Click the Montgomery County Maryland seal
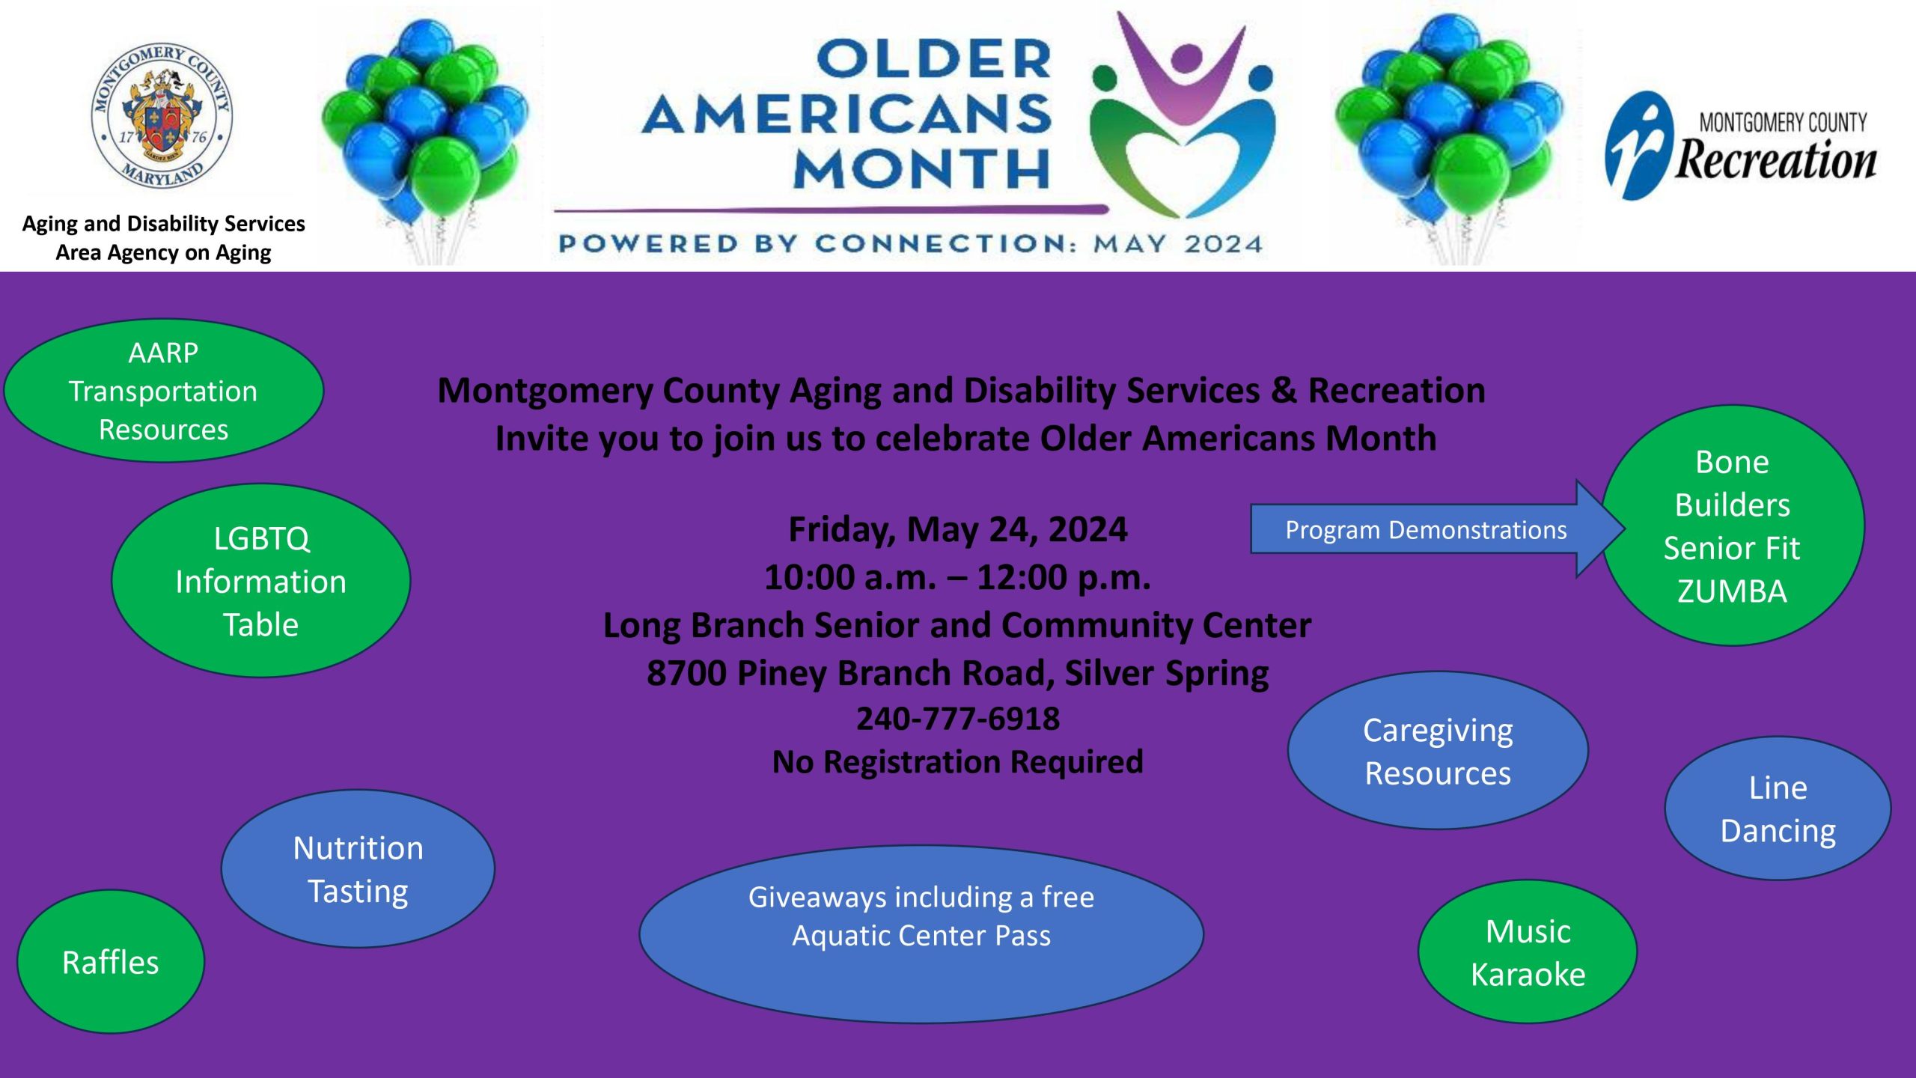pyautogui.click(x=162, y=115)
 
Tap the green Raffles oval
pyautogui.click(x=111, y=962)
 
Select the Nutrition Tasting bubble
pyautogui.click(x=358, y=869)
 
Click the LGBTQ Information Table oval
pyautogui.click(x=260, y=581)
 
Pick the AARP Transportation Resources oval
pyautogui.click(x=164, y=391)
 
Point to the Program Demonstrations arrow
pyautogui.click(x=1437, y=529)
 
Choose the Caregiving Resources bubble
pyautogui.click(x=1438, y=751)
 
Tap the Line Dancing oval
pyautogui.click(x=1778, y=809)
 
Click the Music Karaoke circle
pyautogui.click(x=1528, y=952)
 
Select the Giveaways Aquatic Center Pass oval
pyautogui.click(x=921, y=934)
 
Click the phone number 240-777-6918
pyautogui.click(x=958, y=719)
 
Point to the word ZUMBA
pyautogui.click(x=1732, y=591)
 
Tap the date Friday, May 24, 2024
pyautogui.click(x=958, y=530)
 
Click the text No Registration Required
pyautogui.click(x=958, y=762)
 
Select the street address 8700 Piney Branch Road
pyautogui.click(x=850, y=673)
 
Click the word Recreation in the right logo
pyautogui.click(x=1776, y=159)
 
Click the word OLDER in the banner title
pyautogui.click(x=935, y=59)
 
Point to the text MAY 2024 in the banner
pyautogui.click(x=1178, y=244)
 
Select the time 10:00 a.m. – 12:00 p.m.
pyautogui.click(x=958, y=578)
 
